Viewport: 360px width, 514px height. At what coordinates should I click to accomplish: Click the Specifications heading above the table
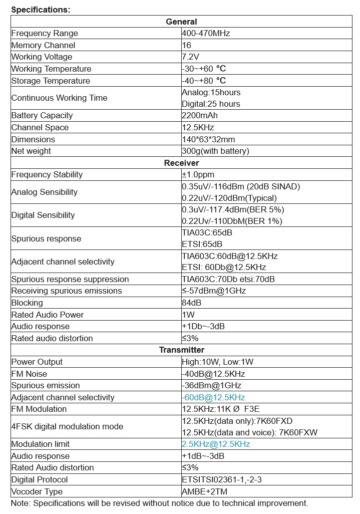(41, 10)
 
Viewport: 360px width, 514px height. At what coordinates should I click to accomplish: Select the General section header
(181, 22)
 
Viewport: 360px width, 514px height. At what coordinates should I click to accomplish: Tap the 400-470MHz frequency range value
(206, 34)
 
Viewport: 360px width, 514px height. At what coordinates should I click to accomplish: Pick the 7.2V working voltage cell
(190, 57)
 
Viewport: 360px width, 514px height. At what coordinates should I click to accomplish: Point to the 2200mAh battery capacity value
(198, 116)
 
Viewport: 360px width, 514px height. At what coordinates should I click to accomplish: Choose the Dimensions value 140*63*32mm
(208, 139)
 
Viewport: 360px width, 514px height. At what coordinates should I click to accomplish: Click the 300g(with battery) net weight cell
(215, 151)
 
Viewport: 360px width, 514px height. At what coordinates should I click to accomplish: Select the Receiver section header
(181, 163)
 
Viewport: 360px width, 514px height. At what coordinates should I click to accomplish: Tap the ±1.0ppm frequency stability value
(198, 175)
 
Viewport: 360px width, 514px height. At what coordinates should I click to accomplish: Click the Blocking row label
(27, 303)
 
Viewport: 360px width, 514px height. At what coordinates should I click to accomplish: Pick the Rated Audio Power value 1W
(188, 315)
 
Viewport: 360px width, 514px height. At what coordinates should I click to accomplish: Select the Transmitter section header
(181, 350)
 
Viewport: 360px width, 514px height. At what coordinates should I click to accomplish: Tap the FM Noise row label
(29, 374)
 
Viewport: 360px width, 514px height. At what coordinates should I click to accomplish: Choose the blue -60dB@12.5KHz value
(213, 397)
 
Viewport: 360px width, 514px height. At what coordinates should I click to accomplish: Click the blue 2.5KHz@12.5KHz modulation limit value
(216, 444)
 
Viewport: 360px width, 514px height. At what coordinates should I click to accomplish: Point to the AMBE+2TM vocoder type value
(205, 491)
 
